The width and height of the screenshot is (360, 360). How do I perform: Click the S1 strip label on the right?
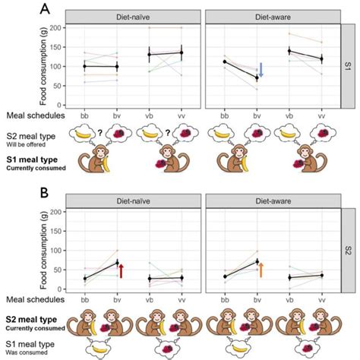pyautogui.click(x=347, y=66)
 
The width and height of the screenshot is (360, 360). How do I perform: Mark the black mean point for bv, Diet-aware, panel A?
pyautogui.click(x=257, y=78)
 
